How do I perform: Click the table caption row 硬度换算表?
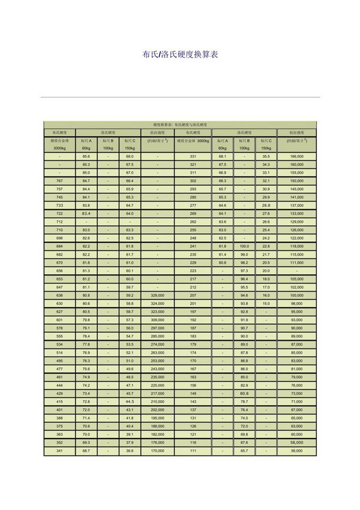pos(180,124)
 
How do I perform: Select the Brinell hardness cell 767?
pos(59,181)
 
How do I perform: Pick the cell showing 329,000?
pos(158,296)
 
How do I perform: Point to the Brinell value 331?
pos(193,156)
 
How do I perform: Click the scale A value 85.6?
pos(86,156)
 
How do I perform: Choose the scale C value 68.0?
pos(130,156)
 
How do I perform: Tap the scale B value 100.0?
pos(244,246)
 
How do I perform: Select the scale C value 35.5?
pos(266,156)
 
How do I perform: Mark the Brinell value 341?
pos(59,451)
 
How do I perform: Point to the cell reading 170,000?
pos(158,451)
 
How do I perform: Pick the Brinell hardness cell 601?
pos(59,320)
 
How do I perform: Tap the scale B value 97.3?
pos(244,271)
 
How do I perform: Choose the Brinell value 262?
pos(193,221)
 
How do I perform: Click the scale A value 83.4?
pos(86,214)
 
